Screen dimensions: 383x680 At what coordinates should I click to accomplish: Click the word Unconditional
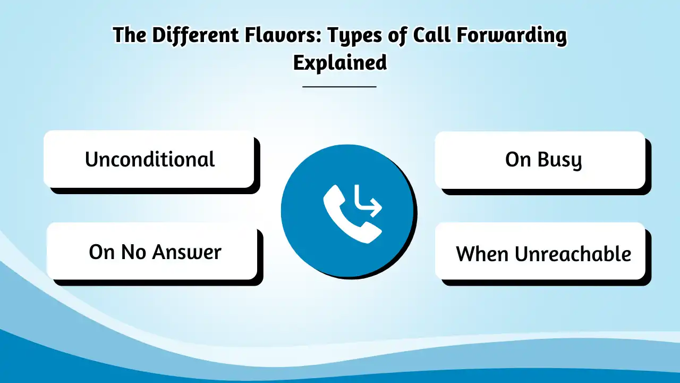click(x=150, y=160)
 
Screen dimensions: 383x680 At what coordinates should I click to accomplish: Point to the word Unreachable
click(x=573, y=254)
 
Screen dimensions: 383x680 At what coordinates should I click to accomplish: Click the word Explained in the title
click(x=339, y=63)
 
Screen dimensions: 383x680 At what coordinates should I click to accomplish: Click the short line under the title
click(x=339, y=86)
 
